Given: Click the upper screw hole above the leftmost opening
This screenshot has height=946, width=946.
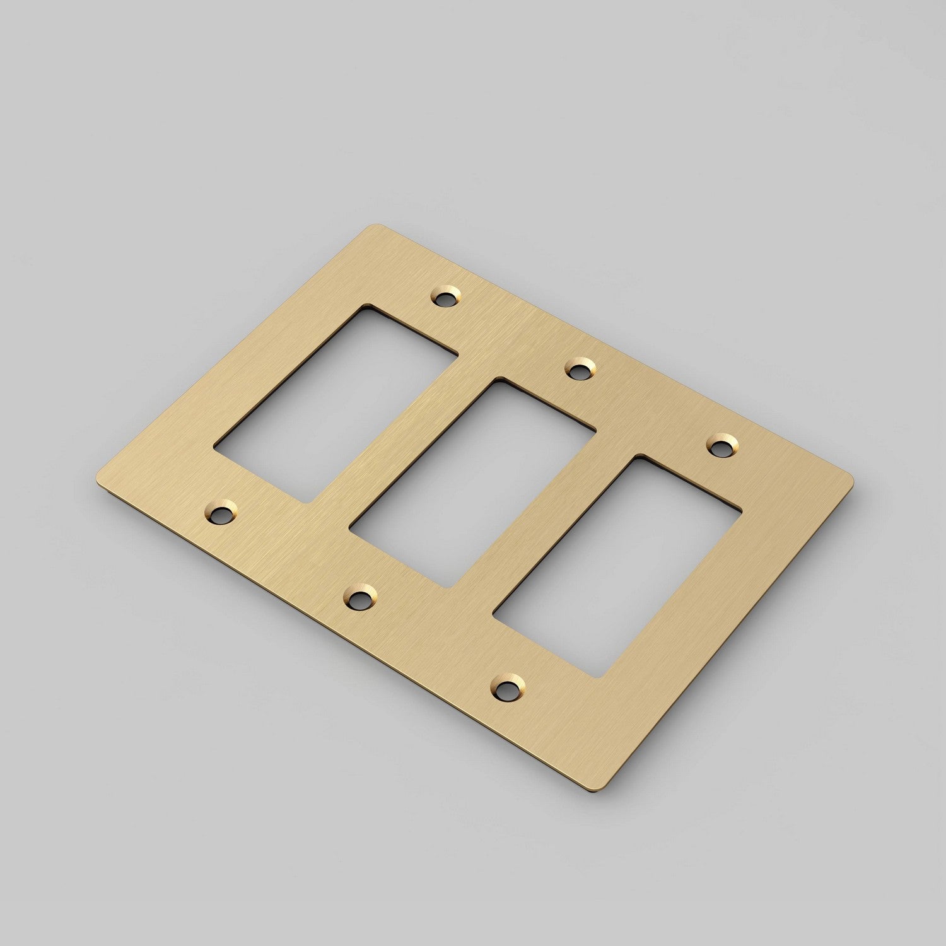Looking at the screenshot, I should pos(446,296).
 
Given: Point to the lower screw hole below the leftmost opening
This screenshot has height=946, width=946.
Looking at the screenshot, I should pos(220,515).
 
